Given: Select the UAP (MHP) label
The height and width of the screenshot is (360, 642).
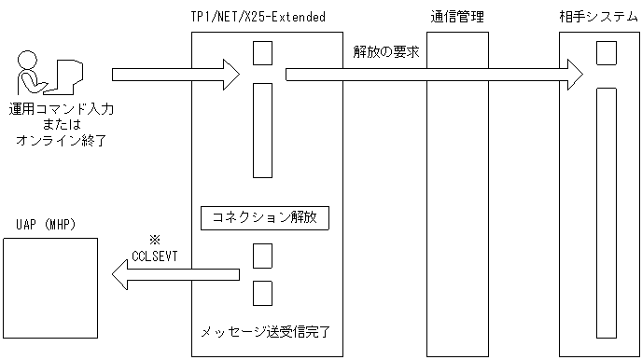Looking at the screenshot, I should (46, 226).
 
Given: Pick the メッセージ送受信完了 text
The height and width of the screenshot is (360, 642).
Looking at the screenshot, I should (265, 330).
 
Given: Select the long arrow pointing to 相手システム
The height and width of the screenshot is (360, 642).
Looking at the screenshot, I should (434, 73).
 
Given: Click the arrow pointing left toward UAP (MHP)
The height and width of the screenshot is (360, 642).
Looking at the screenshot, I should (174, 273).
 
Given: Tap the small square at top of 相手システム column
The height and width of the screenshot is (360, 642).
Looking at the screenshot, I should (607, 52).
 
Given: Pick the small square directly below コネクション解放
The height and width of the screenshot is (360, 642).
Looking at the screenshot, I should (263, 255).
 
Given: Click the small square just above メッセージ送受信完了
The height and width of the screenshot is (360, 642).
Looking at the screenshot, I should (263, 292).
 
